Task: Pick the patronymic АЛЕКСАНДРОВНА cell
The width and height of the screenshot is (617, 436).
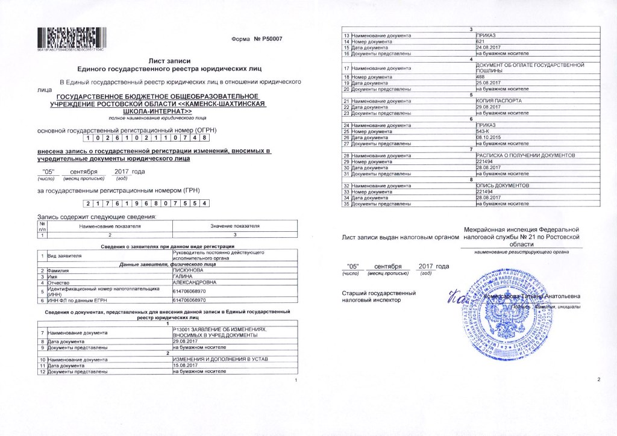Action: point(193,282)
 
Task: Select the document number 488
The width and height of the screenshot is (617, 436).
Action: point(480,77)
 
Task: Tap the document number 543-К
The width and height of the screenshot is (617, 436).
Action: point(483,131)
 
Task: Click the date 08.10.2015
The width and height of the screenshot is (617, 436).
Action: point(487,137)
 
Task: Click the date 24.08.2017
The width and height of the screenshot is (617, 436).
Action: point(487,47)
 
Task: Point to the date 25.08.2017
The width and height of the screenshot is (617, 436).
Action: point(487,83)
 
